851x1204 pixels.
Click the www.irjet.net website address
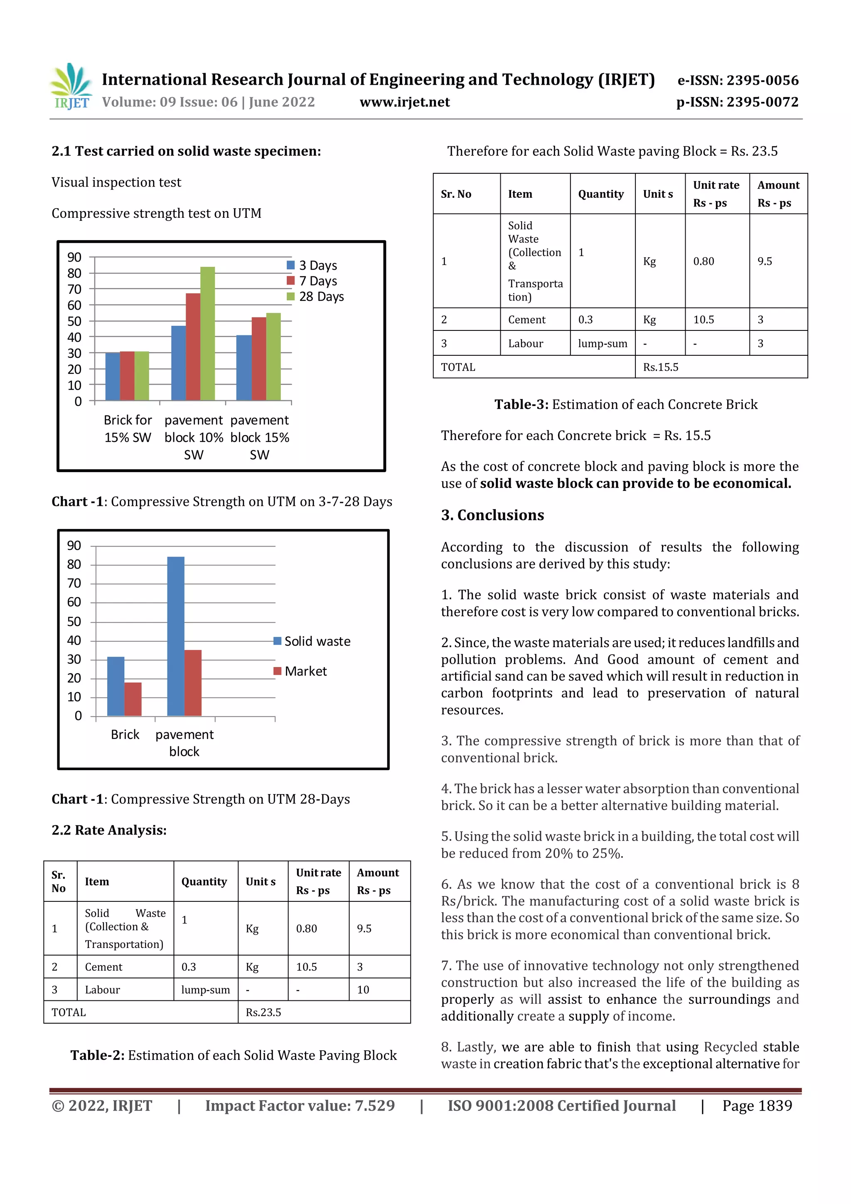pyautogui.click(x=404, y=102)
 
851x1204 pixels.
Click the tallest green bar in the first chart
pyautogui.click(x=208, y=333)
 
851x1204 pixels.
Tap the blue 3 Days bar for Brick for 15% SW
pyautogui.click(x=112, y=377)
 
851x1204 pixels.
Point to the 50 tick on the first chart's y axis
pyautogui.click(x=74, y=321)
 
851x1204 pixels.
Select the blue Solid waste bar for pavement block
pyautogui.click(x=176, y=636)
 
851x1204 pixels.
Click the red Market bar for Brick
pyautogui.click(x=133, y=699)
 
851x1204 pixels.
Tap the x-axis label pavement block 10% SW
pyautogui.click(x=194, y=437)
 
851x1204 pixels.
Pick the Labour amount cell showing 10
pyautogui.click(x=363, y=990)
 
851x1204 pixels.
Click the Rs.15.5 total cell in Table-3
pyautogui.click(x=661, y=367)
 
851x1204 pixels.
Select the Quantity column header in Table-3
pyautogui.click(x=601, y=194)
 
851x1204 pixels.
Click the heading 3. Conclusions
pyautogui.click(x=492, y=515)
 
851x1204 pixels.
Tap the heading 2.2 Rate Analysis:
pyautogui.click(x=109, y=830)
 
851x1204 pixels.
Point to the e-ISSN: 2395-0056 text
pyautogui.click(x=738, y=80)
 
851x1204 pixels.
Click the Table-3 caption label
pyautogui.click(x=521, y=404)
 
